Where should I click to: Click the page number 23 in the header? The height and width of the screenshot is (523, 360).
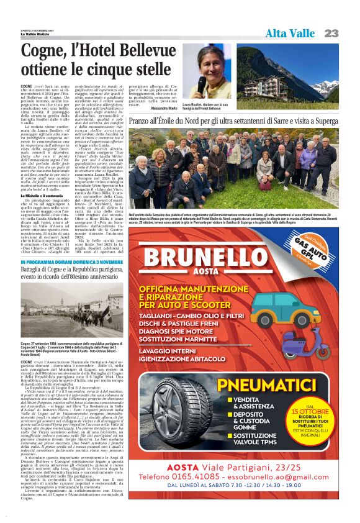point(331,33)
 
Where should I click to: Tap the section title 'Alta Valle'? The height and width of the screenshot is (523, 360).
point(290,33)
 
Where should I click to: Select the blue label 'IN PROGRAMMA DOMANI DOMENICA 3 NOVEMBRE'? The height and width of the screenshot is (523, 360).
point(72,263)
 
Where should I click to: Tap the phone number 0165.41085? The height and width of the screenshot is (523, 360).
point(210,476)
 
